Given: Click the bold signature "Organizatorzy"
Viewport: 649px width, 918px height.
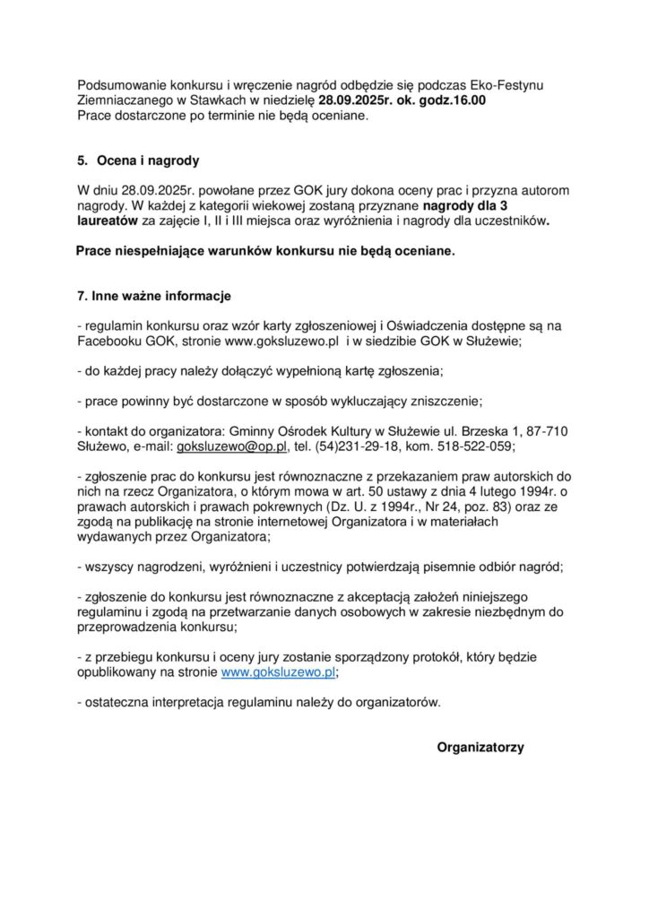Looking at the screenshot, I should coord(480,747).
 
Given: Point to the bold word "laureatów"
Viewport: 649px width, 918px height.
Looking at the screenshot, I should coord(108,221).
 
